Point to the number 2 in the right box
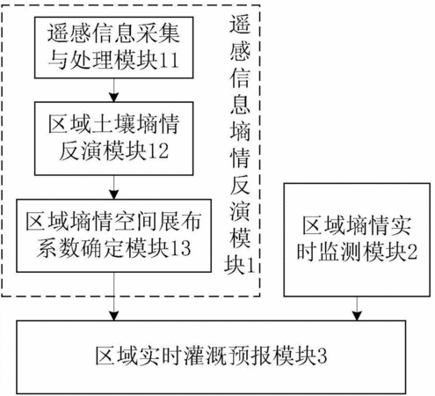[x=412, y=252]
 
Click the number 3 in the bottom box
[x=322, y=356]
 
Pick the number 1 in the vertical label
[x=250, y=266]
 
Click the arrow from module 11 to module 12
[x=113, y=90]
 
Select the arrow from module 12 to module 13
[x=113, y=187]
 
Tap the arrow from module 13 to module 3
[x=113, y=297]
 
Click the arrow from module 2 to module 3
[x=357, y=308]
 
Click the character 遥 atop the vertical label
[x=240, y=24]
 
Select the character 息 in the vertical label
[x=240, y=104]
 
